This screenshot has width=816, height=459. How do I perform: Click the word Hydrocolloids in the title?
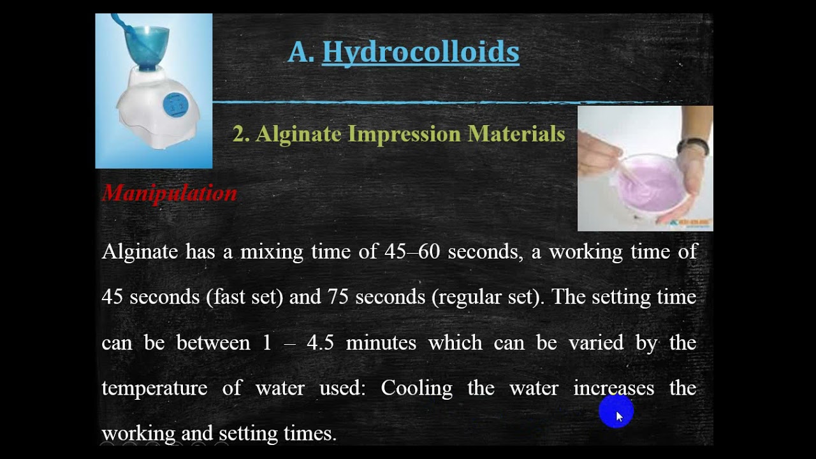(420, 52)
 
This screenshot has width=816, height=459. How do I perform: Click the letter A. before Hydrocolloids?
(301, 52)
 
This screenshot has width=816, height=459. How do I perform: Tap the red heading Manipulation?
(170, 193)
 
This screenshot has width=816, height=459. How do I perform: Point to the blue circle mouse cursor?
(616, 412)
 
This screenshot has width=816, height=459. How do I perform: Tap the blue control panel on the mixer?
(175, 105)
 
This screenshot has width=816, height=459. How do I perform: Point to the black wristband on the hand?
(694, 146)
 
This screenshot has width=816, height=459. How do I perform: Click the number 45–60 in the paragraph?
(412, 252)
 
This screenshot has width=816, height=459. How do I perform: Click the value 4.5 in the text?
(321, 343)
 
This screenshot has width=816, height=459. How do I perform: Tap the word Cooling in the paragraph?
(416, 388)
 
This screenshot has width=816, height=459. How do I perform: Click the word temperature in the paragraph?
(154, 388)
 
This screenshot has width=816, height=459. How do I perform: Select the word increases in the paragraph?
(613, 388)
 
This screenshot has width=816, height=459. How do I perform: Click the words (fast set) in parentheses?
(244, 297)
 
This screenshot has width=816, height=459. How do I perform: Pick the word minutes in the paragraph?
(381, 343)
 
